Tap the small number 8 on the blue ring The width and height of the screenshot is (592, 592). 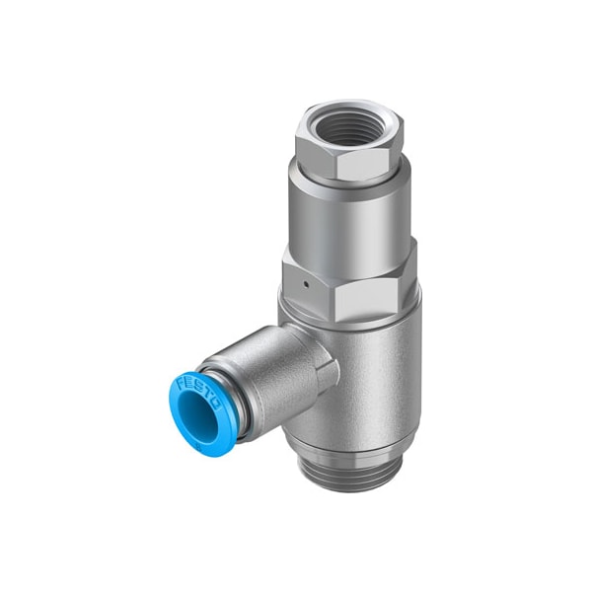click(x=198, y=449)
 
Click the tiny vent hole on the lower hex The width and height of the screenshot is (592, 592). click(x=308, y=282)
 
